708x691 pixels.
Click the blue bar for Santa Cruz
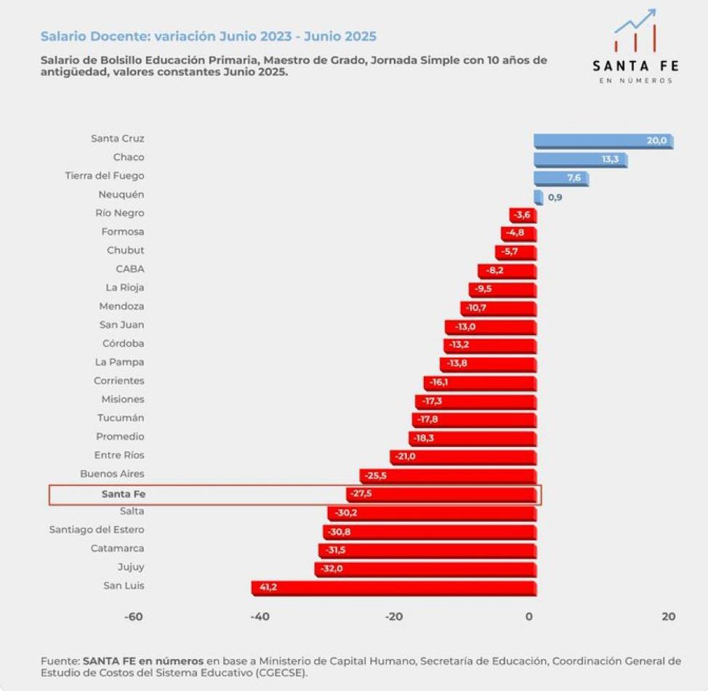coord(603,141)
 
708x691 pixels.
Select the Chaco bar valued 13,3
coord(580,160)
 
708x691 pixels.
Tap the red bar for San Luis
coord(393,588)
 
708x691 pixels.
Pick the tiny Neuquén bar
coord(538,197)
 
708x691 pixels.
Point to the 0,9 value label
coord(555,197)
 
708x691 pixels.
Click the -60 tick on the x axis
coord(133,617)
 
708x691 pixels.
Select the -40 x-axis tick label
coord(260,617)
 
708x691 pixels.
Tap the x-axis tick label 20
coord(669,617)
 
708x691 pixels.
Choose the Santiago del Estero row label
coord(97,530)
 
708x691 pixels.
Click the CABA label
coord(129,269)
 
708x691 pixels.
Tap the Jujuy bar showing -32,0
coord(425,569)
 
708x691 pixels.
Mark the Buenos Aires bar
coord(447,476)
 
